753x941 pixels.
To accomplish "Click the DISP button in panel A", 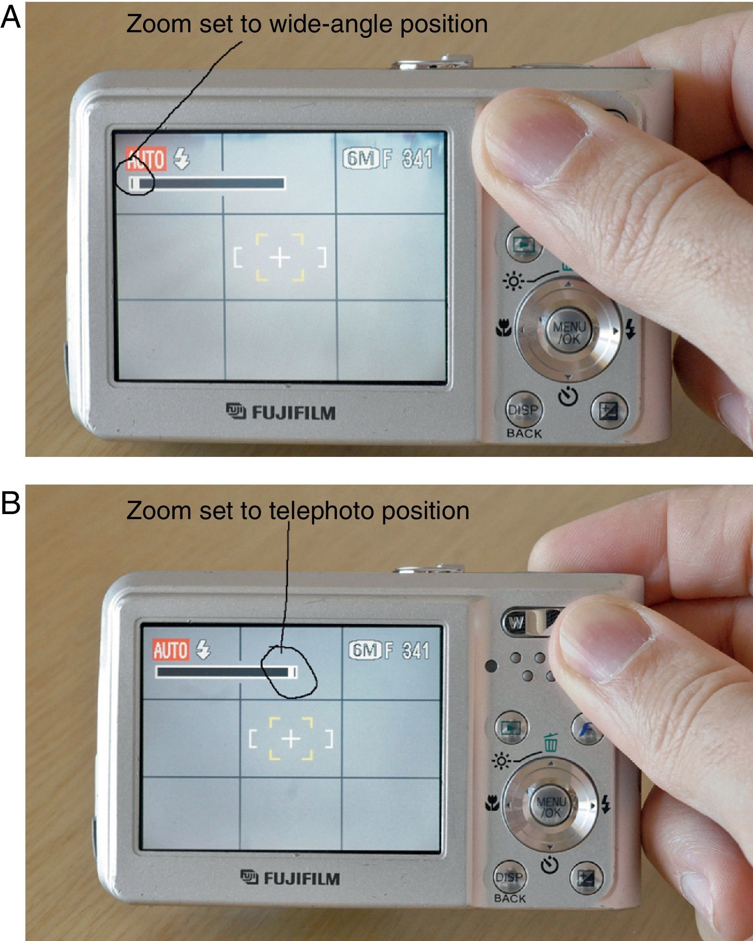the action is (523, 409).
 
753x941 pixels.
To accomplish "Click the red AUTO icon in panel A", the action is (146, 160).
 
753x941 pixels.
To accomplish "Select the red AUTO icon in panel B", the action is (171, 651).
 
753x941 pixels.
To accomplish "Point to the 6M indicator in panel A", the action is (361, 159).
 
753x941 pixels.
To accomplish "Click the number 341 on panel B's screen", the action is (415, 651).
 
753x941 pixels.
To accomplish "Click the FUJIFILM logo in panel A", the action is (281, 412).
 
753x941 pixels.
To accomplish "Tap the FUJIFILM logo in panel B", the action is (290, 878).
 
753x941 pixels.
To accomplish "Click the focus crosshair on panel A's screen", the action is (280, 258).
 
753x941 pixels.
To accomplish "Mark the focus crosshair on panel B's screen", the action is (291, 739).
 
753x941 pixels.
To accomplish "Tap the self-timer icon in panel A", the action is (569, 396).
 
